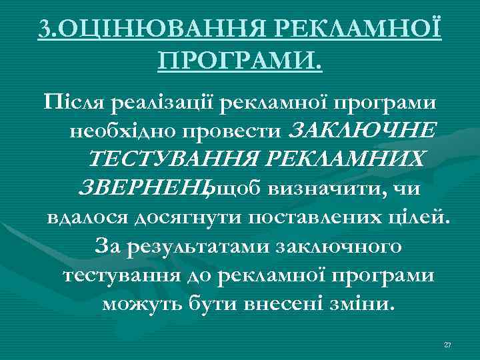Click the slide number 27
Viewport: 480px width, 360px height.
(447, 344)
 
